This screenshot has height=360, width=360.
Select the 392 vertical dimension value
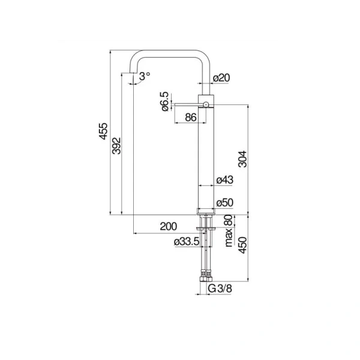click(x=116, y=146)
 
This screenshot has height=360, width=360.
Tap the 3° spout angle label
click(x=144, y=76)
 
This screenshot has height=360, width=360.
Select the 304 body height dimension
click(x=242, y=158)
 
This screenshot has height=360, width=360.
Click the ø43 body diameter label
click(x=224, y=179)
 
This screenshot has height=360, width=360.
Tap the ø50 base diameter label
click(x=224, y=203)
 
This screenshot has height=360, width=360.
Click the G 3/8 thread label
click(x=220, y=289)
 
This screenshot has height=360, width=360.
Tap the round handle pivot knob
click(x=205, y=104)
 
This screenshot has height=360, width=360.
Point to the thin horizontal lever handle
click(x=186, y=104)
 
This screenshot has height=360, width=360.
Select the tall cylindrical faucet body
click(x=205, y=156)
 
